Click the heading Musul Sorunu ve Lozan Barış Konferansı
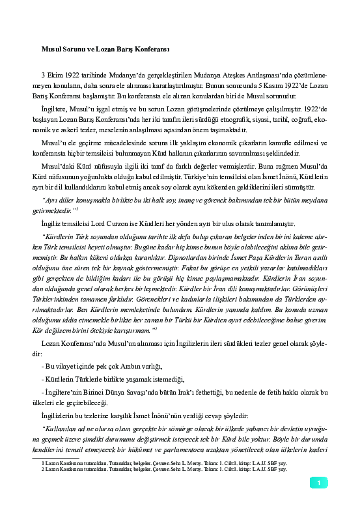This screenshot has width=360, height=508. [x=96, y=49]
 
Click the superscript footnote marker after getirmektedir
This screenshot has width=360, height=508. [x=77, y=208]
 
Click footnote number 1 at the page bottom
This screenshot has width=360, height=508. [x=42, y=462]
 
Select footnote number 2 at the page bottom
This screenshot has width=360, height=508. [x=42, y=468]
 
